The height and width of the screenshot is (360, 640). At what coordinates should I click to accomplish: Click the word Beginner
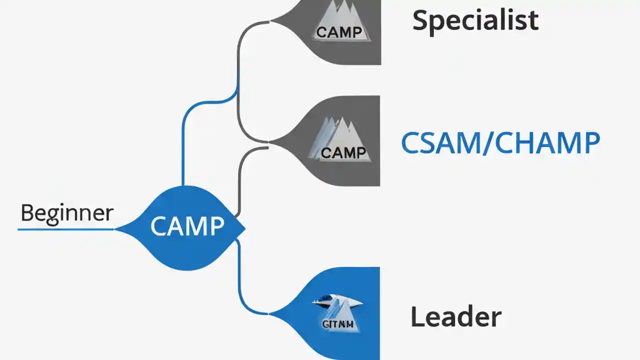[67, 213]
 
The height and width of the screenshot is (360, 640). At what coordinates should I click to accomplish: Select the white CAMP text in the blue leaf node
[187, 226]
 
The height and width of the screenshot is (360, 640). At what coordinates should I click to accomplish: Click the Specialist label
[475, 20]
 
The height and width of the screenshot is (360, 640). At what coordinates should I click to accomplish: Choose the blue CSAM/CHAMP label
[500, 143]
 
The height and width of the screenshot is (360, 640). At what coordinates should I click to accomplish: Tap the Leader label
[455, 317]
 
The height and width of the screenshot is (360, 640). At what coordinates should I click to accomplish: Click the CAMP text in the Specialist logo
[339, 32]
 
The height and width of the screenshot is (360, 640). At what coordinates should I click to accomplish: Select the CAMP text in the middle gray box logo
[343, 152]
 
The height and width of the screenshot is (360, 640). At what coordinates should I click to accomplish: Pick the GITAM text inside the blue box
[338, 324]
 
